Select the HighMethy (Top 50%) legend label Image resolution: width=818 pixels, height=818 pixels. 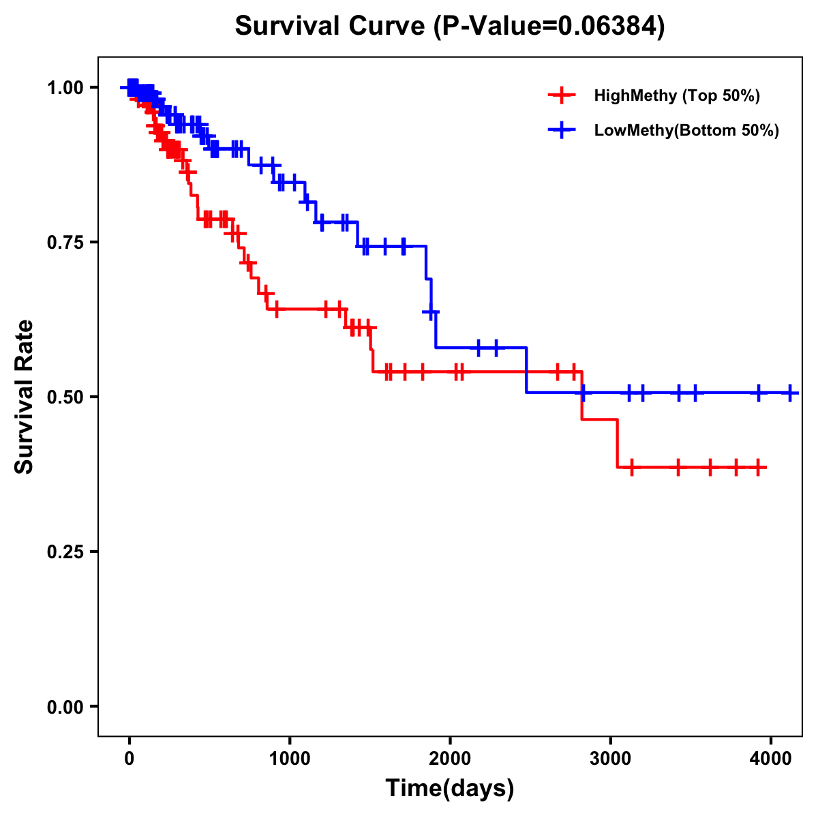[676, 95]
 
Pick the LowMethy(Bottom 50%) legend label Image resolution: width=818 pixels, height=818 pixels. [686, 131]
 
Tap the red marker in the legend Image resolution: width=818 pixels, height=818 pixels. [561, 95]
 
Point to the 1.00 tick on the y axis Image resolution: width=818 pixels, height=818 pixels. [65, 87]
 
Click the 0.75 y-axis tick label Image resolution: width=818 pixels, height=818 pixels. [65, 242]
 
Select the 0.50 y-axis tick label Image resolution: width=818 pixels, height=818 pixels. [65, 397]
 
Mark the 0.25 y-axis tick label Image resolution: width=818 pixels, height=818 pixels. [65, 551]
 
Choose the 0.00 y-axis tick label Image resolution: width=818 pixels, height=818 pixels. [65, 706]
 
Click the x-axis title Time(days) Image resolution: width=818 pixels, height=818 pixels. [450, 788]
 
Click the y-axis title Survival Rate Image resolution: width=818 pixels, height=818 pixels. [25, 397]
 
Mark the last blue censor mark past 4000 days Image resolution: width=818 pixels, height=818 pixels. [790, 393]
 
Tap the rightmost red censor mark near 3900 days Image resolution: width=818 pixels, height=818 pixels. [759, 468]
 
